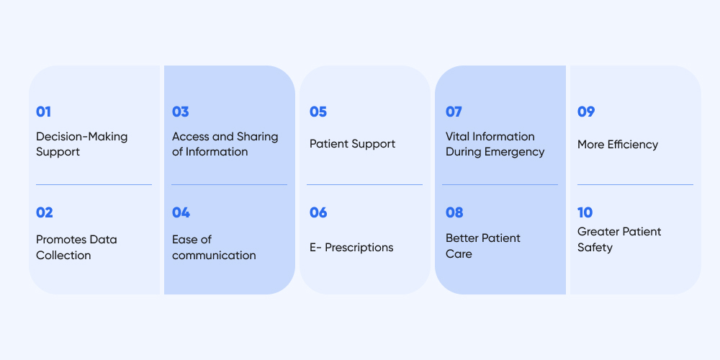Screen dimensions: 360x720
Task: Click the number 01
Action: (x=44, y=112)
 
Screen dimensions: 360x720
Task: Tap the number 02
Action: (x=45, y=212)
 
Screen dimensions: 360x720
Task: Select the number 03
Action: (x=181, y=112)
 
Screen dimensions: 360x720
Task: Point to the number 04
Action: (x=181, y=212)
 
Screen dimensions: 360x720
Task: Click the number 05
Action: (x=318, y=112)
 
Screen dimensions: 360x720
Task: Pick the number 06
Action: (x=318, y=212)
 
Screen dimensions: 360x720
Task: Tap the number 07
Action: (x=454, y=112)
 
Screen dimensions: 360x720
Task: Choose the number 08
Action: (x=454, y=212)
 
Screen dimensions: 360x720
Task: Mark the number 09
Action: (x=586, y=112)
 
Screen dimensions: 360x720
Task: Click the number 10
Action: (x=585, y=212)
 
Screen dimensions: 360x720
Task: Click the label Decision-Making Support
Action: (x=81, y=144)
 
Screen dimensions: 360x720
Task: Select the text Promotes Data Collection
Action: (x=76, y=247)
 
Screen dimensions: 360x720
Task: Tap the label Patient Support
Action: (x=352, y=144)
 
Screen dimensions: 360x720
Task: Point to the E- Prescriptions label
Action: (x=351, y=247)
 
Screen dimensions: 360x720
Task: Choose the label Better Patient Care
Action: (x=482, y=246)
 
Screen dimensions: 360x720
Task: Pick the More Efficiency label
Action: (x=618, y=144)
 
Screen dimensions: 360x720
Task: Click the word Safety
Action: (x=595, y=248)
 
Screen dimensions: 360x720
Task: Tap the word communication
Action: (x=214, y=255)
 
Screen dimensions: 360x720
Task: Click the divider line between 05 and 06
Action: (x=364, y=185)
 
